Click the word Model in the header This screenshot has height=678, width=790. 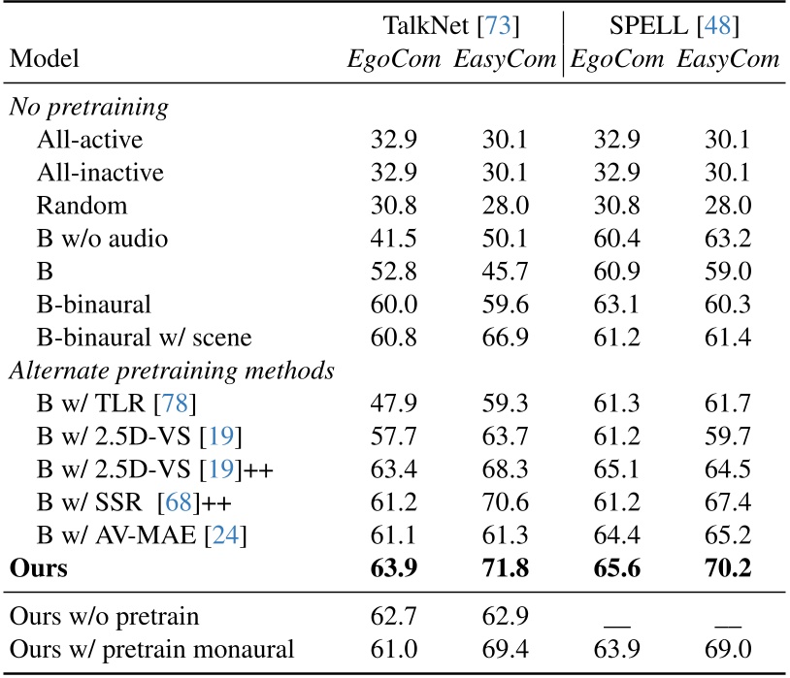[x=44, y=60]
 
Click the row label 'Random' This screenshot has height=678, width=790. [x=82, y=205]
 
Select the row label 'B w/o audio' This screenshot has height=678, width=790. [x=102, y=238]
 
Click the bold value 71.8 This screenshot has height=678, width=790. [x=505, y=567]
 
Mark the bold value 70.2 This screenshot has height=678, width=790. [x=728, y=567]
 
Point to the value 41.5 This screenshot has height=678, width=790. [x=393, y=238]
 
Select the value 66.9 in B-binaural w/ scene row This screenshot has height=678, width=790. [x=505, y=337]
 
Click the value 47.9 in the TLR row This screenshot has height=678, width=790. [x=393, y=403]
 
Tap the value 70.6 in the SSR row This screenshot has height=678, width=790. [x=505, y=501]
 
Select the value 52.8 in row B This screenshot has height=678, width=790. [x=393, y=271]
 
